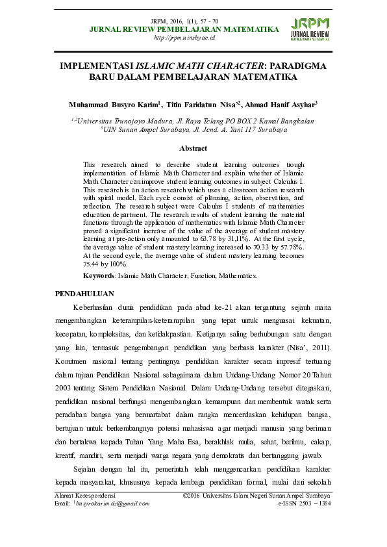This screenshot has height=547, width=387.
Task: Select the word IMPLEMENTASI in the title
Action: point(96,66)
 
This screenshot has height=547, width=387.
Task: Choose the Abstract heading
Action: point(193,149)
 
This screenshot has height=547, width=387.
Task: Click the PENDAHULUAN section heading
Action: point(85,293)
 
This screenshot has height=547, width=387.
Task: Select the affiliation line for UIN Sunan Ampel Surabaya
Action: point(193,129)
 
